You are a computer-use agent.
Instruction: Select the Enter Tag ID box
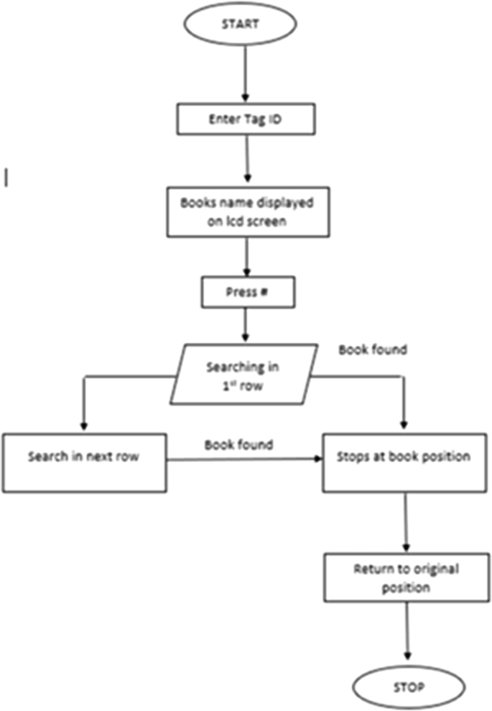(246, 119)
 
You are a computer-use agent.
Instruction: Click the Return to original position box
(407, 578)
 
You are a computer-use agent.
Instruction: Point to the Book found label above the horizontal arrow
(238, 444)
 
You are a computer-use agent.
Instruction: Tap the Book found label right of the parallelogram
(373, 350)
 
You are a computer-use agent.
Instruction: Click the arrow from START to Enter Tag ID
(246, 76)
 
